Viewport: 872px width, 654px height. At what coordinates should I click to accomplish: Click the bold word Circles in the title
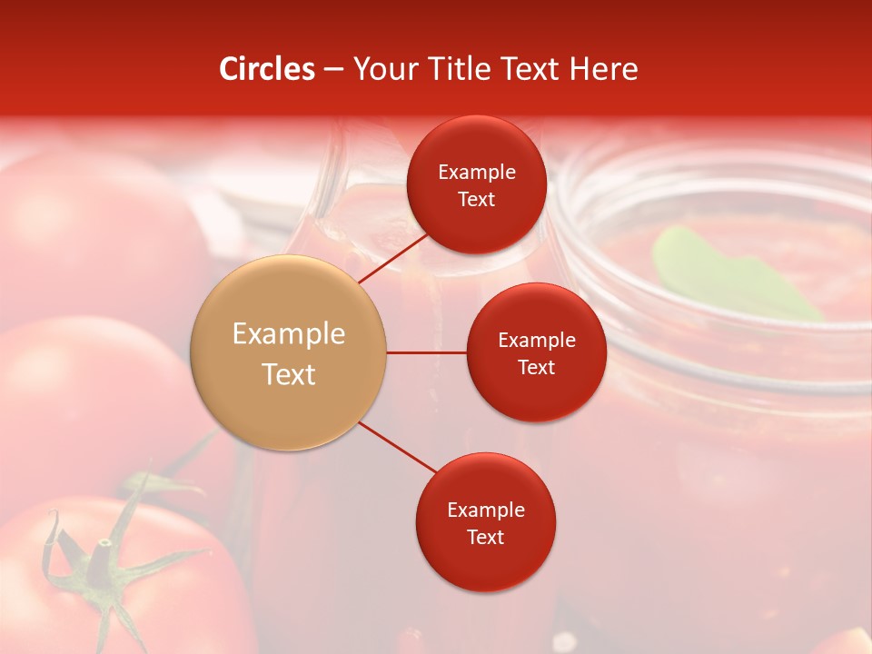click(x=267, y=69)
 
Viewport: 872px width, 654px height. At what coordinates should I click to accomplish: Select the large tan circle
click(x=289, y=352)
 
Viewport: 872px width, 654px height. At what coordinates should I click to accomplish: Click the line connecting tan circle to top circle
click(x=394, y=257)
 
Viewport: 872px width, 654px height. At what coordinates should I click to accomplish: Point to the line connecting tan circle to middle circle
click(x=427, y=352)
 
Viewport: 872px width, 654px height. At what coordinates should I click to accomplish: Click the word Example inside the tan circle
click(x=289, y=333)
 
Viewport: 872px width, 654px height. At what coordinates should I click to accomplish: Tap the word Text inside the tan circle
click(x=289, y=373)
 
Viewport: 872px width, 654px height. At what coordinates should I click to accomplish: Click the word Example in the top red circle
click(x=476, y=172)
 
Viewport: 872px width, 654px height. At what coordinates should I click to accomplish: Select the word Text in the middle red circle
click(x=536, y=367)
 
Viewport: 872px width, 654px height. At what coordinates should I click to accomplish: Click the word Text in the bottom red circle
click(x=485, y=537)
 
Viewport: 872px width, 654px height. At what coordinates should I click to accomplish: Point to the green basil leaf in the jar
click(x=727, y=272)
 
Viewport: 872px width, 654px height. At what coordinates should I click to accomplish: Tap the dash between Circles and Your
click(x=333, y=69)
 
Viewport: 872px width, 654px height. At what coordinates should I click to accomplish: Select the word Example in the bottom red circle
click(x=485, y=510)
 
